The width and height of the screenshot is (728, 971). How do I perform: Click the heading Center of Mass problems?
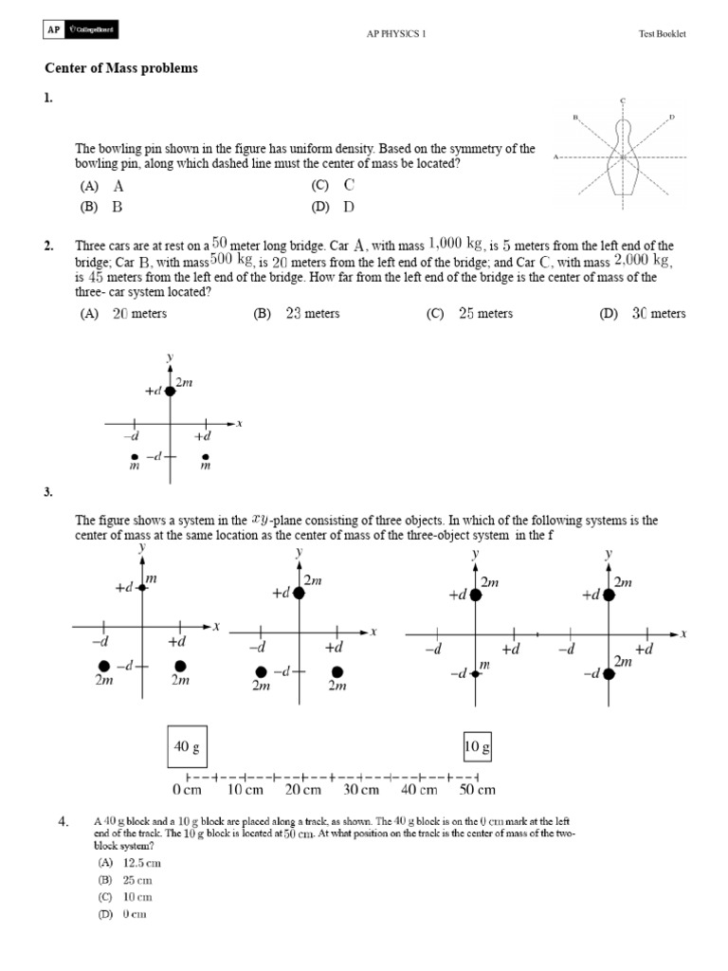[121, 69]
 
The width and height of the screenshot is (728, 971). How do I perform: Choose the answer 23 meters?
[297, 314]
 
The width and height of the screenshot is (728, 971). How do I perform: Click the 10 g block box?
[478, 747]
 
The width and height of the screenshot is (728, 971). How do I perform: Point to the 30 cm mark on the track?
[361, 789]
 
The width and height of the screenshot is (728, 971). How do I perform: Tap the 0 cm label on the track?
[187, 789]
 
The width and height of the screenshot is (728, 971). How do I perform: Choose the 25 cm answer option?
[123, 880]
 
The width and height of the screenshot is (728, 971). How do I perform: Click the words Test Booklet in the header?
[662, 34]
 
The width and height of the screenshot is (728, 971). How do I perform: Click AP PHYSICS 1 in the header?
[396, 34]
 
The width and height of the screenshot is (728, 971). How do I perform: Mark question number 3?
[48, 492]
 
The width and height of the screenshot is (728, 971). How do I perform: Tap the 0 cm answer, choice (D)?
[121, 914]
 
